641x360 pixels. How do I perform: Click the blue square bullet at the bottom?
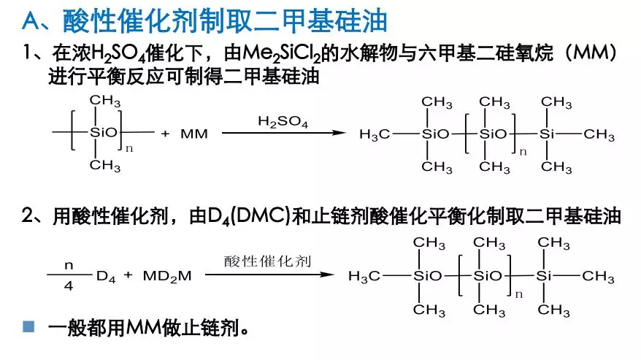(28, 326)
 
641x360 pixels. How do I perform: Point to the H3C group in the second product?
(364, 276)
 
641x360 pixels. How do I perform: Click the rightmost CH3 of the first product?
(599, 134)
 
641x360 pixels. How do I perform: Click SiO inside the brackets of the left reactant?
(104, 134)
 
